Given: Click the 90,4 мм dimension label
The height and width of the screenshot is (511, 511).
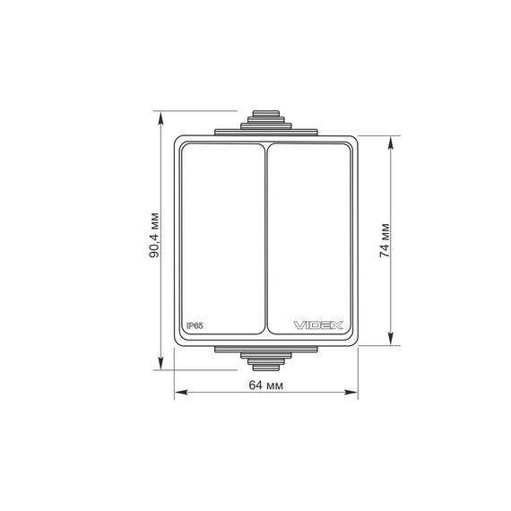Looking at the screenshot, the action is [x=154, y=235].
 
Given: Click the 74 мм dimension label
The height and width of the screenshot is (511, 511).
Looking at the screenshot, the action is [x=385, y=240].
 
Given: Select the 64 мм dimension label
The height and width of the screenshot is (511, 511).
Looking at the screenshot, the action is [x=266, y=385].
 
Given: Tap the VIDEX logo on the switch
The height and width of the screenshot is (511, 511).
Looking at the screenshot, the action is [x=318, y=325].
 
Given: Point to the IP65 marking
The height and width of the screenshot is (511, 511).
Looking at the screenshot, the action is [x=195, y=325].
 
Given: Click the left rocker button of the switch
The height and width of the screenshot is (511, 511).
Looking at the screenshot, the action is [x=223, y=238].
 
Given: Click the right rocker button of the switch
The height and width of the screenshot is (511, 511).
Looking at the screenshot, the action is [x=308, y=238].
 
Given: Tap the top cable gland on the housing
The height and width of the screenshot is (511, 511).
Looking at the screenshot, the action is [x=266, y=123].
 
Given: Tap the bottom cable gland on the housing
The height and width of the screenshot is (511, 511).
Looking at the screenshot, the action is [x=266, y=359].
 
